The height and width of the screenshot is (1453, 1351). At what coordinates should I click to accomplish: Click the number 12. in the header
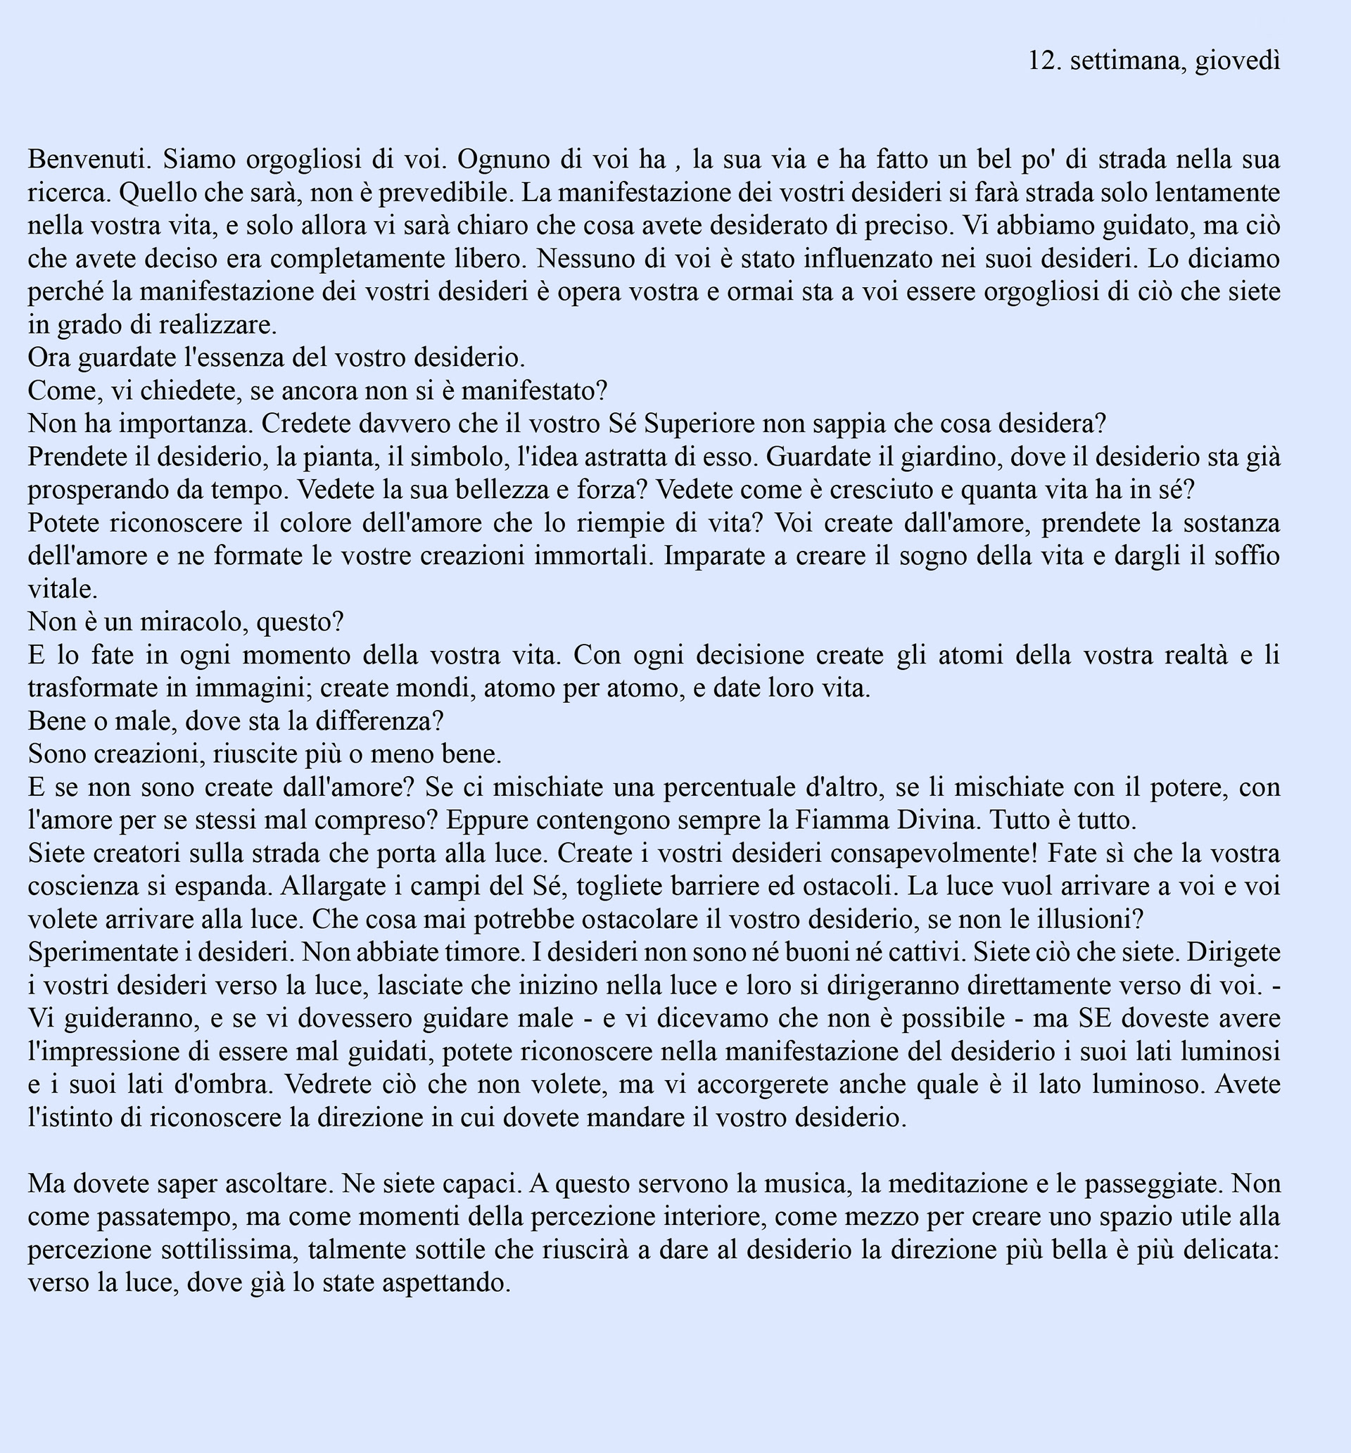coord(1045,61)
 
